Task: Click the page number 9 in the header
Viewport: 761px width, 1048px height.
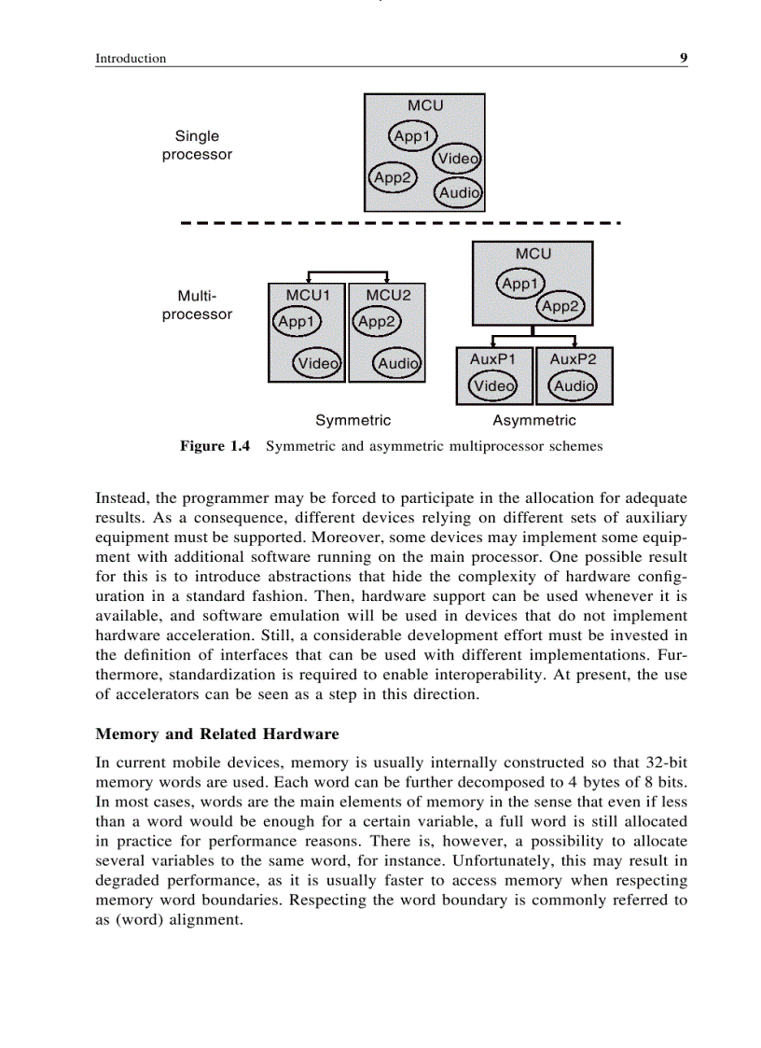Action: tap(684, 58)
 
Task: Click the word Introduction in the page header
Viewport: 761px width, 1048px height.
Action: tap(131, 59)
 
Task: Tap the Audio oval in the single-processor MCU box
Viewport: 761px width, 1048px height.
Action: tap(459, 193)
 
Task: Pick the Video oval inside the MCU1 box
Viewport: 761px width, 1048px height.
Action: tap(317, 363)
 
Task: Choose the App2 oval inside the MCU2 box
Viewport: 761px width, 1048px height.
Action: tap(378, 322)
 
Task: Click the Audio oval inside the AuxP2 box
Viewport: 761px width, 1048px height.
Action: tap(573, 385)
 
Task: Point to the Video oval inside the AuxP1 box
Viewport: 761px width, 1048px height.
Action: tap(493, 385)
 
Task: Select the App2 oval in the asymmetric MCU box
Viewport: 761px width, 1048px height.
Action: tap(560, 306)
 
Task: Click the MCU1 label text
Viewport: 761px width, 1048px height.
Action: tap(308, 295)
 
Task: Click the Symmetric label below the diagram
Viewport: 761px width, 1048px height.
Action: tap(353, 421)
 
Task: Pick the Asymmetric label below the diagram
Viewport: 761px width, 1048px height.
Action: tap(534, 421)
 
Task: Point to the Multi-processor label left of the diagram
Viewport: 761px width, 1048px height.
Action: tap(197, 305)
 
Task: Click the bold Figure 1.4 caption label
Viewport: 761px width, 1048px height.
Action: tap(214, 446)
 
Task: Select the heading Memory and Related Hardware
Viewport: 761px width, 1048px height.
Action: tap(217, 734)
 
